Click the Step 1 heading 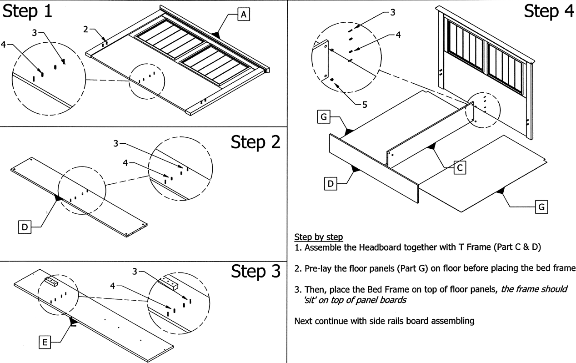(x=27, y=12)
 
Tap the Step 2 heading (x=255, y=142)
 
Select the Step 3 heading (x=255, y=272)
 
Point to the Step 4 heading (x=549, y=12)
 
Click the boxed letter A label (x=244, y=15)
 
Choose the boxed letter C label (x=460, y=168)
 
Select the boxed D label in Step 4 (x=331, y=184)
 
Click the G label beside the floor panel (x=541, y=207)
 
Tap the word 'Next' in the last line (x=303, y=321)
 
